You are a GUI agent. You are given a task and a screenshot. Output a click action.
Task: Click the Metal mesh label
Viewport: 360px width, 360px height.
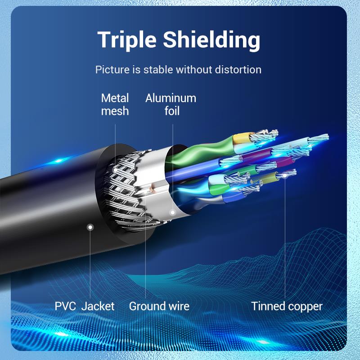(115, 104)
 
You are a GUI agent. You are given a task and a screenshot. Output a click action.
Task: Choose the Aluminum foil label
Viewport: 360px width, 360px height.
(171, 104)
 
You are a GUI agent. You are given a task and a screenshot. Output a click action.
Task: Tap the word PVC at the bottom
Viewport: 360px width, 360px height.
(65, 306)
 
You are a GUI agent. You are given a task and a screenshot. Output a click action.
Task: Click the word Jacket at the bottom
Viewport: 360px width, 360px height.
(98, 306)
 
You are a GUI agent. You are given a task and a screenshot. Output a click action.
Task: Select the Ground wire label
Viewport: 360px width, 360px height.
(159, 306)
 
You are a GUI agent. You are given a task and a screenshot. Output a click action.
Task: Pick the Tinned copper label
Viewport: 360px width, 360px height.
(287, 306)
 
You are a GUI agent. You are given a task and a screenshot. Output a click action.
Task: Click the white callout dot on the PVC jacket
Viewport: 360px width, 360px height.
(90, 227)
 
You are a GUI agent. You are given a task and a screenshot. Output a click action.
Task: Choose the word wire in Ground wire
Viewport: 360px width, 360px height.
(179, 306)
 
